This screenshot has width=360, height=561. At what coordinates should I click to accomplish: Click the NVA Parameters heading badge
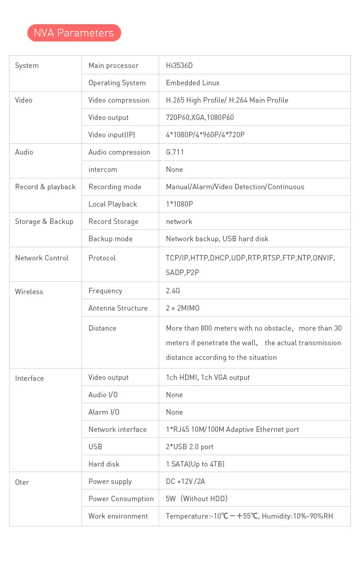74,33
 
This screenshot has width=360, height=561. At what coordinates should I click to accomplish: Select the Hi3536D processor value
179,66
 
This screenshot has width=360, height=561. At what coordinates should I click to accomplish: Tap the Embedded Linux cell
192,83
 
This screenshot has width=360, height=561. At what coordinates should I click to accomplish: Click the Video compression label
118,100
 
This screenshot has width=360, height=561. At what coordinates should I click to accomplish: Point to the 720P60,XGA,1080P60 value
200,118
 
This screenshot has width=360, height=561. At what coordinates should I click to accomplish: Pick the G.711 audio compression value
175,152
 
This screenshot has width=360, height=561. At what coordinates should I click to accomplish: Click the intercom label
103,170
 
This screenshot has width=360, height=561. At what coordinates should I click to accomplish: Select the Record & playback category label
45,187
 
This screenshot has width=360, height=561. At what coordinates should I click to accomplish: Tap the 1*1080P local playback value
179,204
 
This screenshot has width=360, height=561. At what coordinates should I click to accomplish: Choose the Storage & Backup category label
44,222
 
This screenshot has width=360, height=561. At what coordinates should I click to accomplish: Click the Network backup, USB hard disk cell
217,239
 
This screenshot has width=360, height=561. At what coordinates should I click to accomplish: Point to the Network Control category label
41,258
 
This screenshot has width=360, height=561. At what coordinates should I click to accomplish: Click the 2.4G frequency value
173,291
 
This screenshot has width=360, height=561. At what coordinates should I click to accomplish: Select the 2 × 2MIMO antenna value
182,308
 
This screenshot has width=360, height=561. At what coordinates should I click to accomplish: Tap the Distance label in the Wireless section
102,328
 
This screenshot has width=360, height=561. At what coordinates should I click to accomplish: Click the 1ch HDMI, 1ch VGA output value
208,378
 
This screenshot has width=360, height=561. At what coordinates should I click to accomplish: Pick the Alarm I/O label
104,412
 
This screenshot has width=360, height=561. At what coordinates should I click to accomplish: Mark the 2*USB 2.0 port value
190,447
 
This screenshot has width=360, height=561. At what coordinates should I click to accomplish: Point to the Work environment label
118,516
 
